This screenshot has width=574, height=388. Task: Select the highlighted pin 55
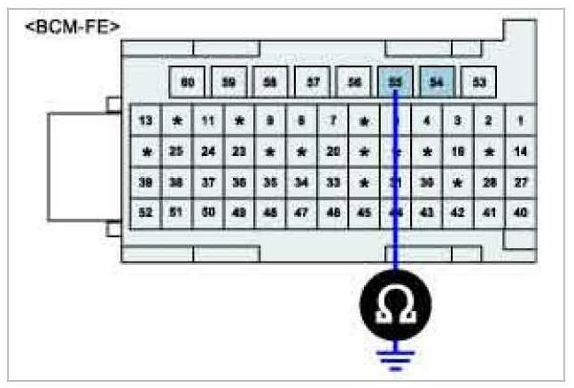pyautogui.click(x=395, y=81)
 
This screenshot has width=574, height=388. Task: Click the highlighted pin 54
pyautogui.click(x=436, y=81)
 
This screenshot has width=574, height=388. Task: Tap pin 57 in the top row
pyautogui.click(x=313, y=81)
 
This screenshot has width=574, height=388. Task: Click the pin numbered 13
pyautogui.click(x=146, y=120)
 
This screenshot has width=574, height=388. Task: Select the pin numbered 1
pyautogui.click(x=520, y=120)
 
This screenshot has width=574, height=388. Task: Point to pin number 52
pyautogui.click(x=146, y=213)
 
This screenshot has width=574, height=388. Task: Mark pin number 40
pyautogui.click(x=520, y=213)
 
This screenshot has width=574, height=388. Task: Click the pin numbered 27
pyautogui.click(x=520, y=182)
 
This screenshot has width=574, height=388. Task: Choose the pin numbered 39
pyautogui.click(x=146, y=182)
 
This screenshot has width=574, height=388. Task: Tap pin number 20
pyautogui.click(x=333, y=151)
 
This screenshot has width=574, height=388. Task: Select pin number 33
pyautogui.click(x=333, y=182)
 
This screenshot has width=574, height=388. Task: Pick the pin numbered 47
pyautogui.click(x=302, y=213)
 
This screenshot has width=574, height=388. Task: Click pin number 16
pyautogui.click(x=458, y=151)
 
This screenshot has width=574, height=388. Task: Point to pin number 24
pyautogui.click(x=208, y=151)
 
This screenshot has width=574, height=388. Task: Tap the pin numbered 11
pyautogui.click(x=208, y=120)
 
